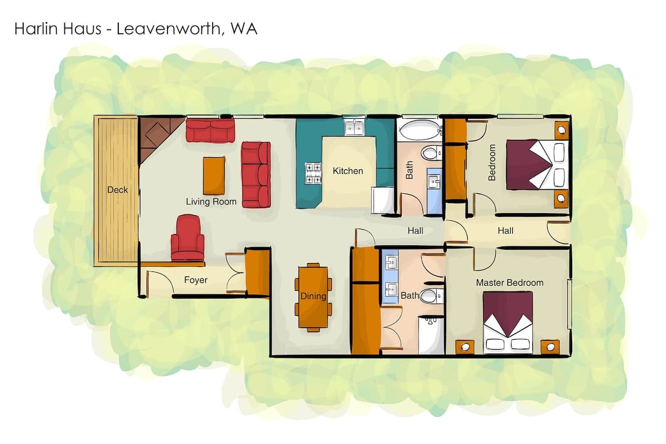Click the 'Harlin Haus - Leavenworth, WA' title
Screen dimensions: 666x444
point(135,29)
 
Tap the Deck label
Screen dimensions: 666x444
point(118,190)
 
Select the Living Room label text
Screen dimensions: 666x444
point(211,201)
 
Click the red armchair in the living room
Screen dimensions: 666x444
point(188,238)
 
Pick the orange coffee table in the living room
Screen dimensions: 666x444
point(214,175)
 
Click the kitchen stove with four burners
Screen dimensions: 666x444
point(314,173)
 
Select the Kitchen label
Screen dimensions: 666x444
point(348,171)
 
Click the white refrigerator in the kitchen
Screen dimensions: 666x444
point(383,200)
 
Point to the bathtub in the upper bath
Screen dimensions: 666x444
point(420,130)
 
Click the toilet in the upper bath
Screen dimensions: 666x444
point(431,153)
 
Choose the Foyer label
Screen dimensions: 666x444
point(195,280)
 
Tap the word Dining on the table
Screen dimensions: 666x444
point(314,296)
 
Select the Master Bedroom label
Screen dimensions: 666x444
point(509,282)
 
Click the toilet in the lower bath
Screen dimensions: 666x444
point(432,296)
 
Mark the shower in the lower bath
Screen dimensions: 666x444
point(431,335)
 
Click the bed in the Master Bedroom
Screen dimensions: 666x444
point(508,322)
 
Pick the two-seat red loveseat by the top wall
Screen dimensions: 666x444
point(210,131)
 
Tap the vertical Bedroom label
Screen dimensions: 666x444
point(492,163)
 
